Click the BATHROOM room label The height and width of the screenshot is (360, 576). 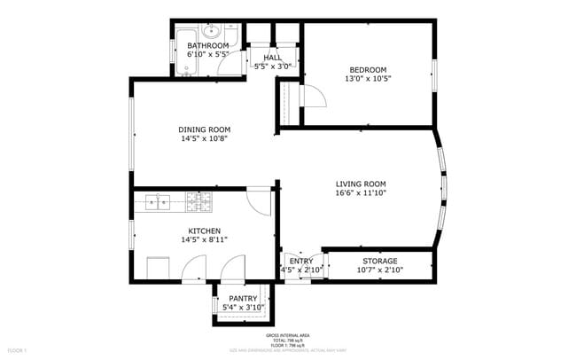pyautogui.click(x=208, y=45)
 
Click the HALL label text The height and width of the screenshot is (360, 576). pyautogui.click(x=272, y=57)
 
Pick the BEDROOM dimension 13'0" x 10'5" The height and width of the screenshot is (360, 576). pyautogui.click(x=369, y=78)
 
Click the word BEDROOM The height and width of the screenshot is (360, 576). pyautogui.click(x=368, y=69)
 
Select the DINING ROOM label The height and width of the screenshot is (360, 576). pyautogui.click(x=205, y=129)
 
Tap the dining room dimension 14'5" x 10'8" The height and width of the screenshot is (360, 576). pyautogui.click(x=205, y=138)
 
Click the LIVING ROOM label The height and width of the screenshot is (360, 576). pyautogui.click(x=361, y=184)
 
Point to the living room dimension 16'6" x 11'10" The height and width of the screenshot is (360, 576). pyautogui.click(x=361, y=193)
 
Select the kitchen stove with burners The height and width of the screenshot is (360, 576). pyautogui.click(x=198, y=202)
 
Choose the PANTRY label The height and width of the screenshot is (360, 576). pyautogui.click(x=243, y=298)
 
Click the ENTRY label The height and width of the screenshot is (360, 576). pyautogui.click(x=301, y=261)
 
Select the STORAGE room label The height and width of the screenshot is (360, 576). pyautogui.click(x=379, y=261)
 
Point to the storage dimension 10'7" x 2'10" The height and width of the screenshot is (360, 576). pyautogui.click(x=379, y=270)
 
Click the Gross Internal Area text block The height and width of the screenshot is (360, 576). pyautogui.click(x=288, y=340)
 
